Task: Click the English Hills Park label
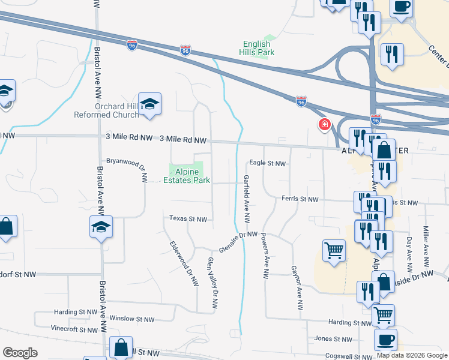click(x=259, y=48)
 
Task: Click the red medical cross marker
click(x=325, y=124)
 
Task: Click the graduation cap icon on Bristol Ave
click(x=101, y=227)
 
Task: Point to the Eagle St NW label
click(x=267, y=163)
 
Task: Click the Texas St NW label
click(x=188, y=219)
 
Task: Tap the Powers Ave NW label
click(x=264, y=256)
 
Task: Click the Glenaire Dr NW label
click(x=238, y=241)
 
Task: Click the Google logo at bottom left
click(x=20, y=353)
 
